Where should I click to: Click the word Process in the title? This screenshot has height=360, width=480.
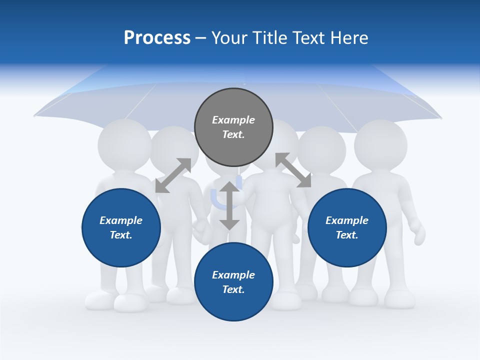(157, 38)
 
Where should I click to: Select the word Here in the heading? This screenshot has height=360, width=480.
(349, 38)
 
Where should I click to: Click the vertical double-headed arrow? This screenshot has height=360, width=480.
(229, 205)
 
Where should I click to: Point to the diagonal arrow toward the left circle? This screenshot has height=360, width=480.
(173, 175)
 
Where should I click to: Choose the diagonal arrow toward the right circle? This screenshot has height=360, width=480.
(293, 170)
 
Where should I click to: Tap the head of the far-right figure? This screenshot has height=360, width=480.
(380, 144)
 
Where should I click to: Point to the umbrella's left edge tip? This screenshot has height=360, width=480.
(35, 116)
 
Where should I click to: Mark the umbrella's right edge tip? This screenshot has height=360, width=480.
(440, 118)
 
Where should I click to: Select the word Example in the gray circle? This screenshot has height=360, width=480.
(233, 120)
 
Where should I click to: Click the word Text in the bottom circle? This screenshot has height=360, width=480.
(232, 289)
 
